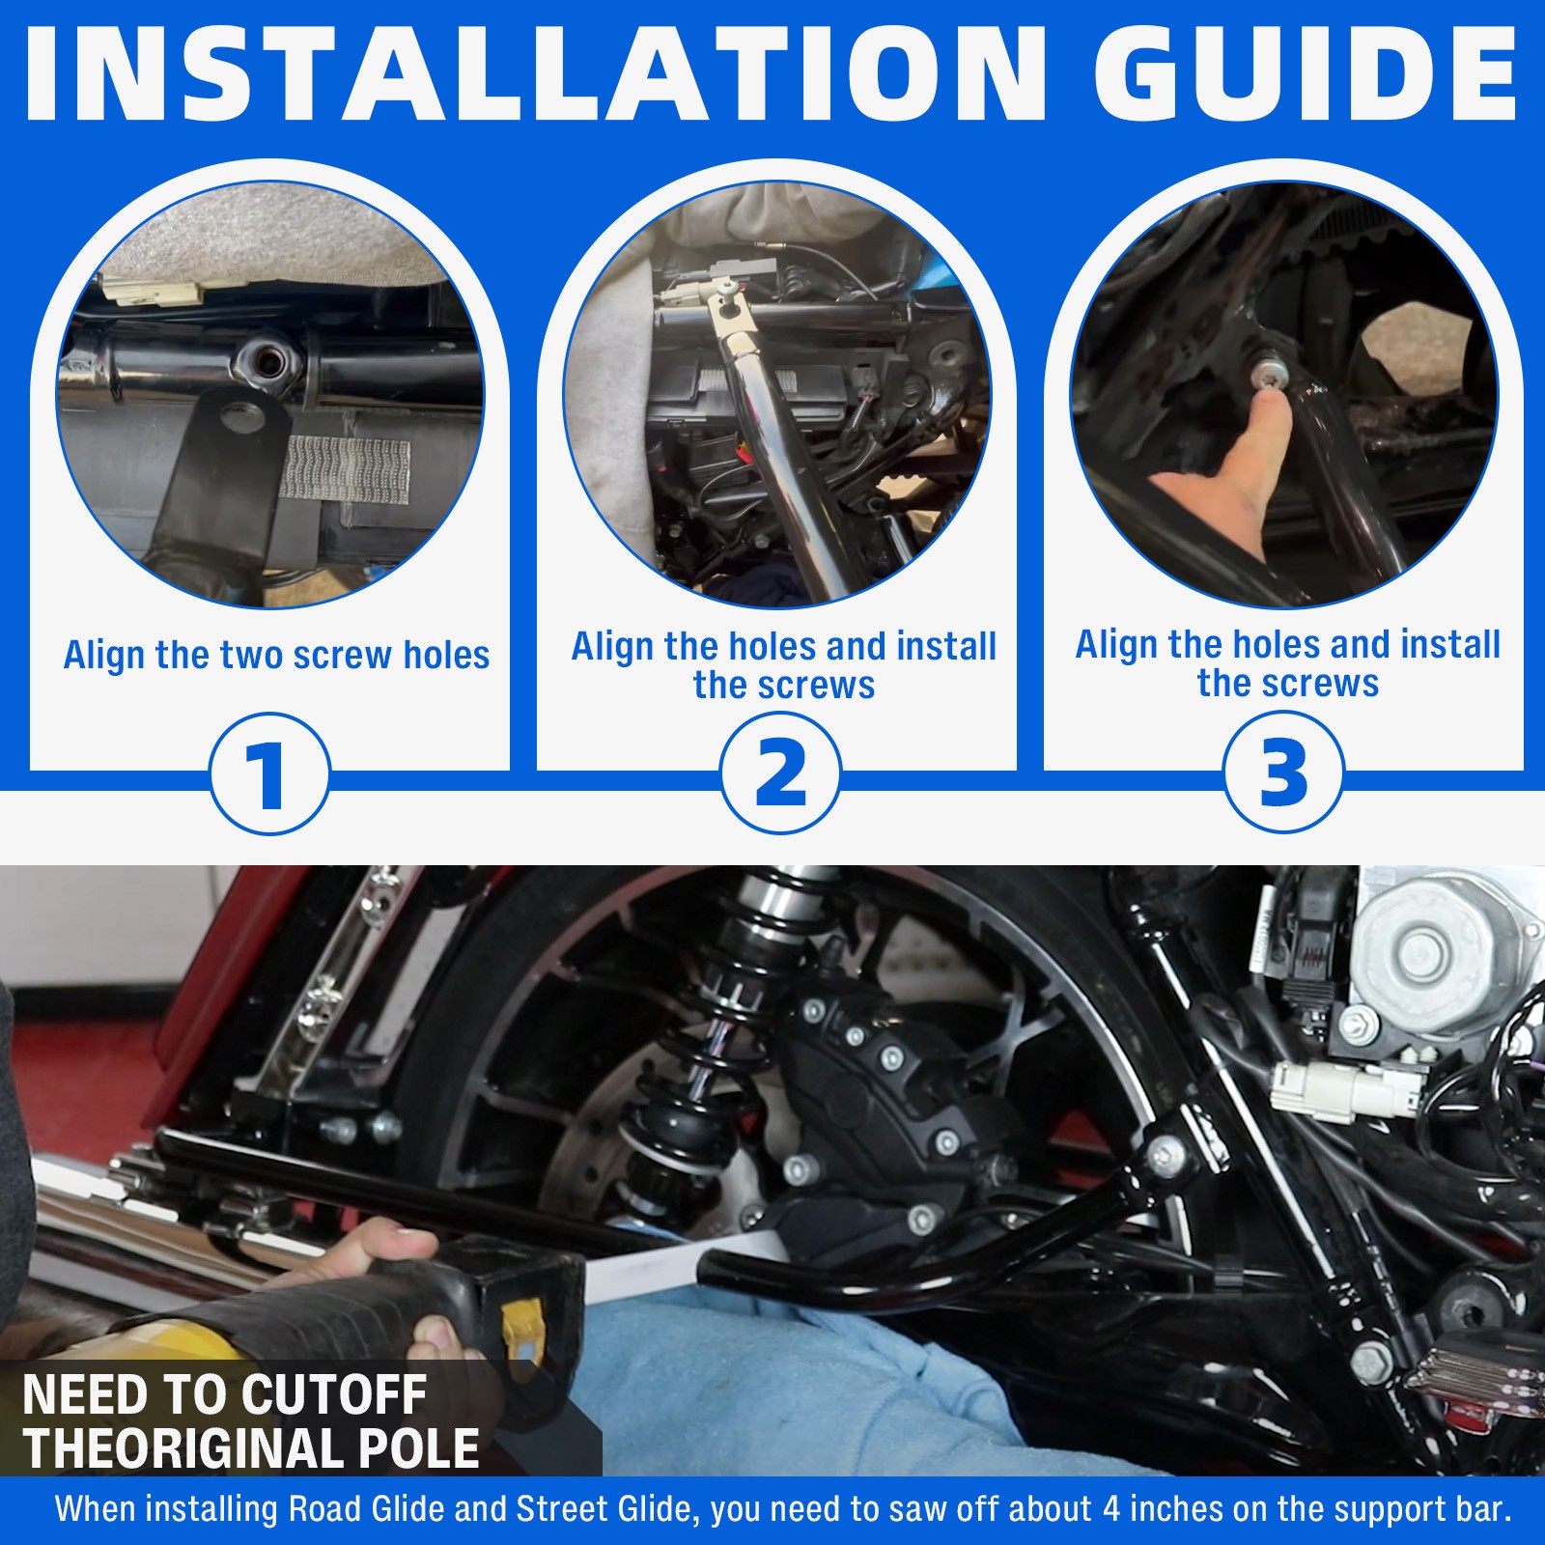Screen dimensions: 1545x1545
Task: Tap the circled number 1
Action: click(269, 773)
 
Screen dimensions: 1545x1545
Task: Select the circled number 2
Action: click(780, 773)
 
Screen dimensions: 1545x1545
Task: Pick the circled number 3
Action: click(1283, 772)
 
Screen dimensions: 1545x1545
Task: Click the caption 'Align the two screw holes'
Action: click(276, 656)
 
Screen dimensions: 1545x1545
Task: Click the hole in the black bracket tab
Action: click(243, 419)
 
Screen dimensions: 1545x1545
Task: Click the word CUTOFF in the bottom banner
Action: click(334, 1394)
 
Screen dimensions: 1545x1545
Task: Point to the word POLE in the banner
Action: click(419, 1448)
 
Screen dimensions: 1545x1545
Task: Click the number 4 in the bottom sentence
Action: click(1111, 1509)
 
